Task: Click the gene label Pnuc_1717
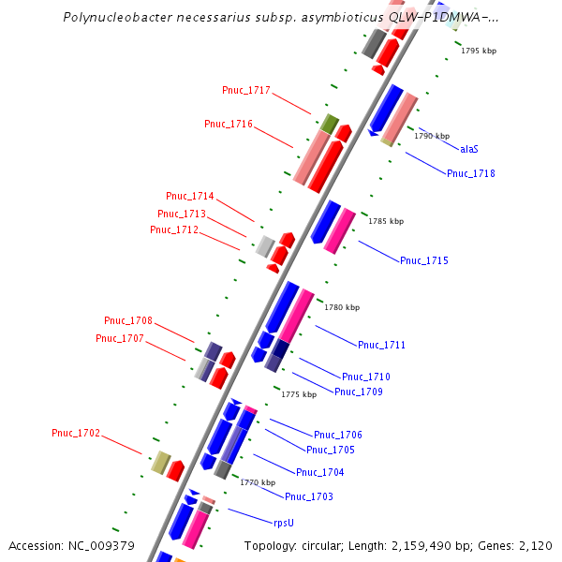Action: (245, 91)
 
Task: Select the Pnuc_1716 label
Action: (229, 124)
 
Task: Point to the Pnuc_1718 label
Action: (471, 173)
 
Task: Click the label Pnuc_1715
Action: (424, 260)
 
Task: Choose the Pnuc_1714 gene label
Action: (189, 197)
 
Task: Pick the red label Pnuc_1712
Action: (174, 229)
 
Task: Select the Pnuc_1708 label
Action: (128, 320)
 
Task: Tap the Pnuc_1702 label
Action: (76, 433)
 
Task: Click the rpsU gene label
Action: (284, 523)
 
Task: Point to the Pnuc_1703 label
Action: (309, 496)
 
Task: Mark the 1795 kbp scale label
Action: (478, 52)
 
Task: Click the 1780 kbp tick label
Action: (342, 307)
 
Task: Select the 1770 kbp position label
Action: (258, 482)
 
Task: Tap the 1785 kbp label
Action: (386, 222)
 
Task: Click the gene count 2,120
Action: (535, 545)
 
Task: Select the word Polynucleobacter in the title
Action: (112, 17)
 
